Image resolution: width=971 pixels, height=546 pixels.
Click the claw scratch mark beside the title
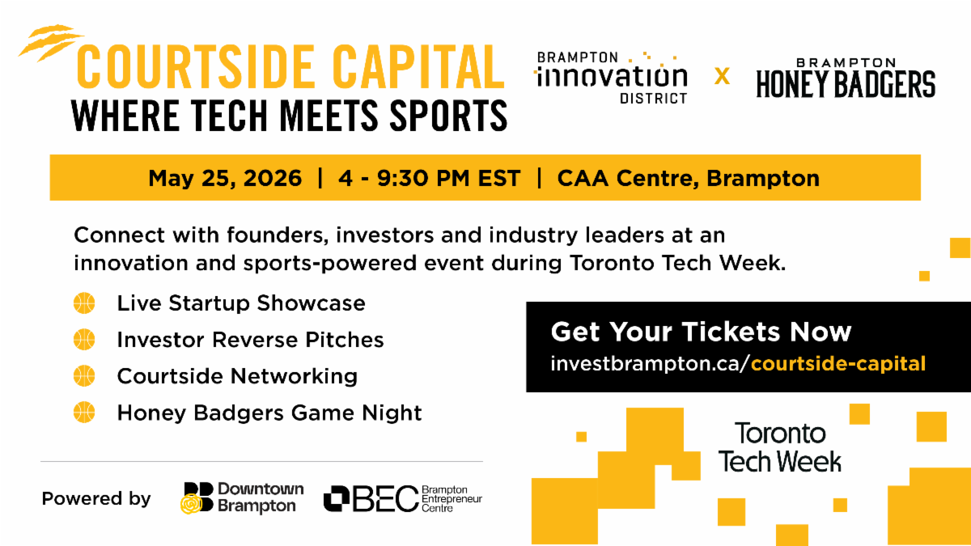tap(50, 42)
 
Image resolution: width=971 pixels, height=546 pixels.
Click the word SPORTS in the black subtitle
tap(448, 115)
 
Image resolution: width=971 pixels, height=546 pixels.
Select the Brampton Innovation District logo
tap(611, 78)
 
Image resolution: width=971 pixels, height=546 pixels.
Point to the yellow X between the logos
tap(722, 76)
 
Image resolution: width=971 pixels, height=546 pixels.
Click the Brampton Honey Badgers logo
tap(846, 78)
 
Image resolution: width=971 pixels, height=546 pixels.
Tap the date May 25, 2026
tap(225, 179)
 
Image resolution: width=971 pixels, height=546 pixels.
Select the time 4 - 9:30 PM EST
tap(429, 178)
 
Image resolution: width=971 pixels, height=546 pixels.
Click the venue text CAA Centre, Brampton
tap(689, 178)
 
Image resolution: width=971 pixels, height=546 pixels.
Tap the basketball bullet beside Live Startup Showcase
tap(84, 303)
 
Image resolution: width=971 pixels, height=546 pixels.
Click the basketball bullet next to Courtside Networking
tap(84, 375)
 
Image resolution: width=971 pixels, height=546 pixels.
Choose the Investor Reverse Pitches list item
tap(251, 339)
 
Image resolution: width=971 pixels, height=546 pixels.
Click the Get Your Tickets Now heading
tap(701, 332)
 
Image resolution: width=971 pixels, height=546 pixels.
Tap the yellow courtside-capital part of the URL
tap(838, 363)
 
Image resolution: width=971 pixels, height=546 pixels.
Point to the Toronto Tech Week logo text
tap(780, 447)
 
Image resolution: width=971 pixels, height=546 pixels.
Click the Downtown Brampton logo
tap(242, 498)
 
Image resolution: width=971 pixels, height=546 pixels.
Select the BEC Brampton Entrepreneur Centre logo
tap(403, 499)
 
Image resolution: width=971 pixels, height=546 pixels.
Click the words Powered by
tap(96, 499)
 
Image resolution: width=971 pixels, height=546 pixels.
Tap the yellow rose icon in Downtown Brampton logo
tap(191, 504)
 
